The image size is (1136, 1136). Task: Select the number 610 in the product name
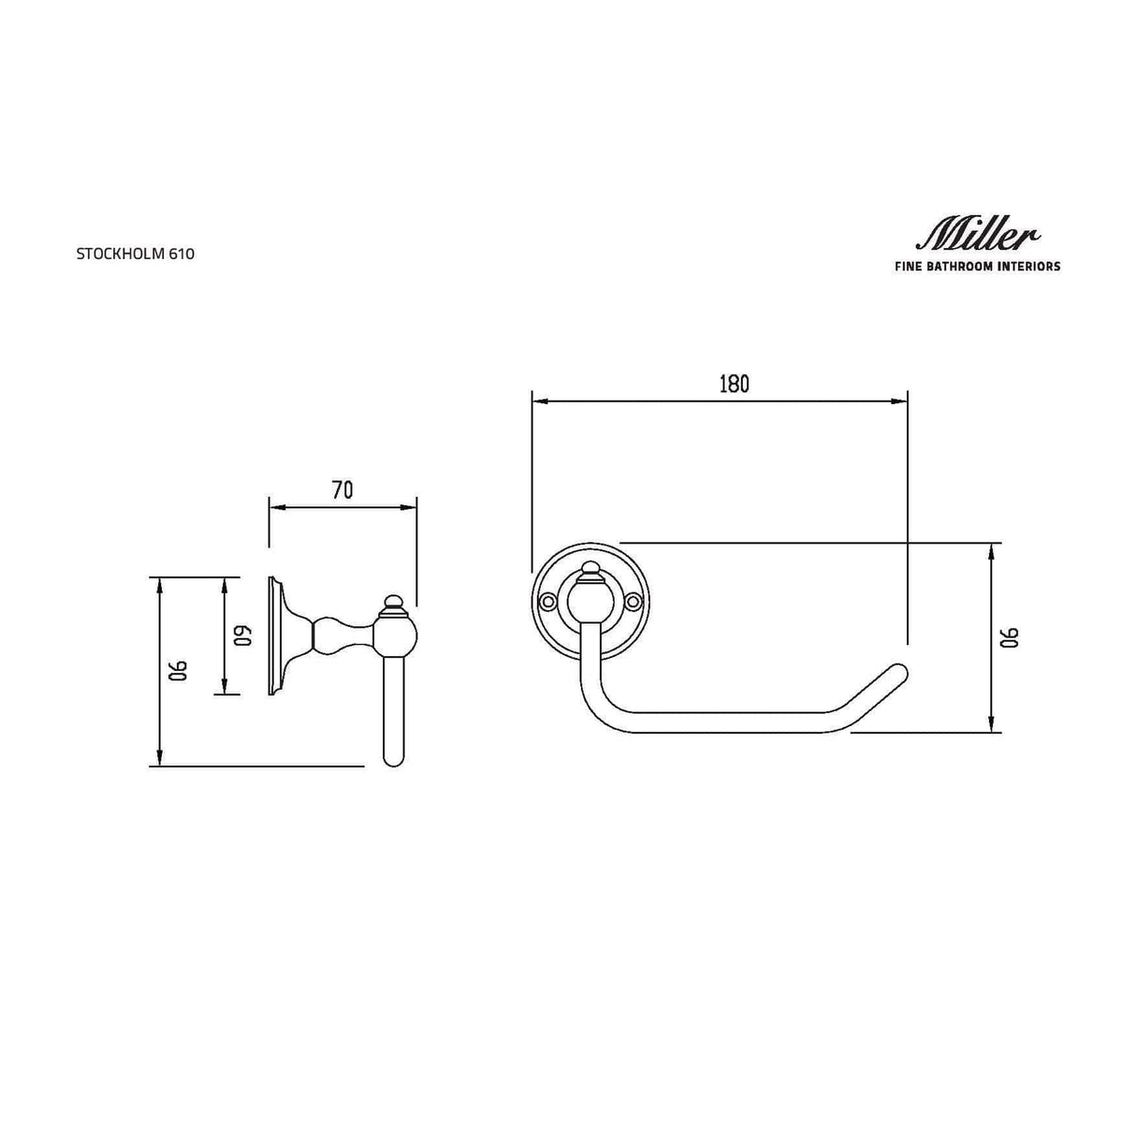click(182, 254)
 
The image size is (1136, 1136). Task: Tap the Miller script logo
click(976, 235)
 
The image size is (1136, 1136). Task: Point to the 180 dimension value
click(734, 384)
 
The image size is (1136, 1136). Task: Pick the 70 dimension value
click(342, 490)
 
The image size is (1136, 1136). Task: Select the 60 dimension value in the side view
click(242, 636)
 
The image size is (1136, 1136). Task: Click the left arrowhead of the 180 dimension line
click(538, 401)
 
